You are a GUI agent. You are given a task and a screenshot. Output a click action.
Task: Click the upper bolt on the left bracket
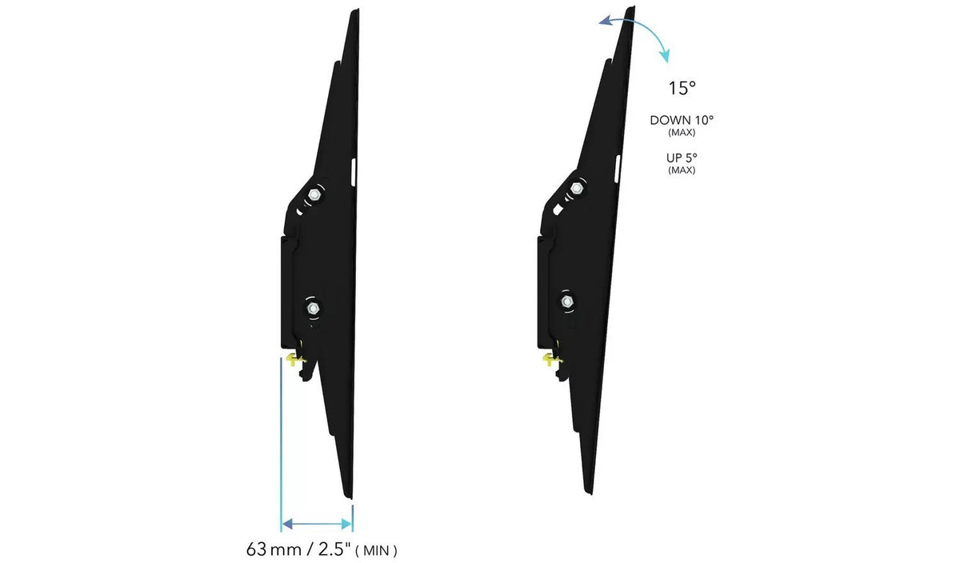[x=314, y=194]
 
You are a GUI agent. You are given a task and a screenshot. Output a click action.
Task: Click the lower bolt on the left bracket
[x=313, y=308]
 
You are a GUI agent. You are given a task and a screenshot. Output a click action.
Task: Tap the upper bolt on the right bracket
[x=577, y=188]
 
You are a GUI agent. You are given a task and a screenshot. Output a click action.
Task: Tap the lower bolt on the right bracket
[x=567, y=301]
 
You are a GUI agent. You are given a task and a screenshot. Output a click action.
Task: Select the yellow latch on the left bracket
[x=295, y=360]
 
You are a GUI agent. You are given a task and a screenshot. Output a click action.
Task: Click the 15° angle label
[x=682, y=88]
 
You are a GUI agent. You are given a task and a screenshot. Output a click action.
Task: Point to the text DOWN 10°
[x=682, y=121]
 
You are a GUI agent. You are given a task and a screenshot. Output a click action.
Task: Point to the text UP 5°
[x=682, y=158]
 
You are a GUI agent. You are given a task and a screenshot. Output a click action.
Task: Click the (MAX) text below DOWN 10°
[x=682, y=133]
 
